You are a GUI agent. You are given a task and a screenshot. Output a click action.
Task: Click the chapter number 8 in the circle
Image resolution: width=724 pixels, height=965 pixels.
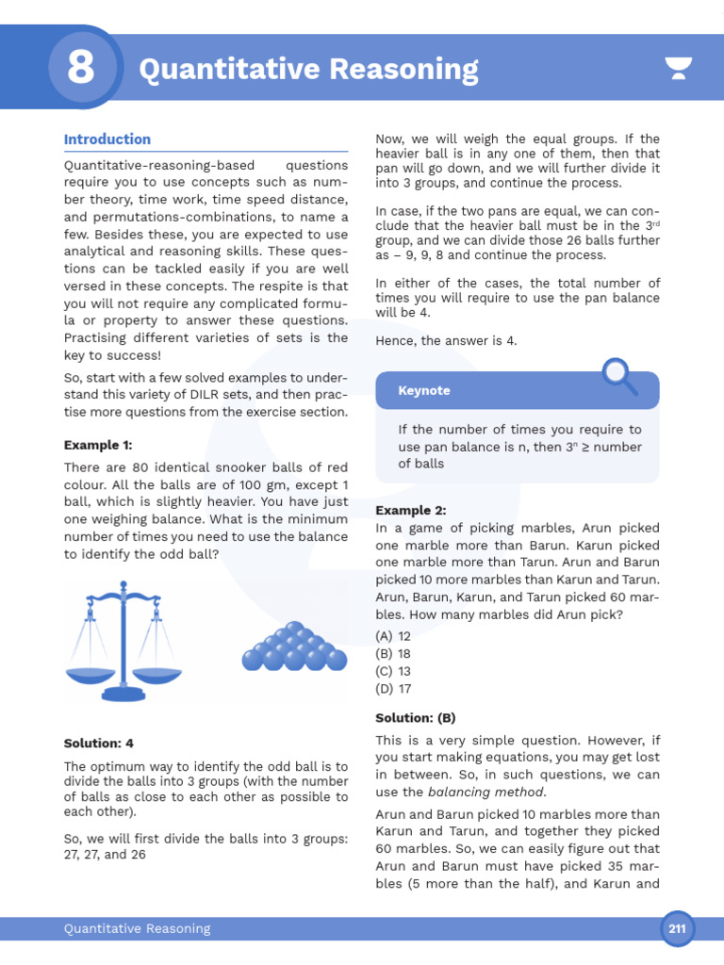click(81, 69)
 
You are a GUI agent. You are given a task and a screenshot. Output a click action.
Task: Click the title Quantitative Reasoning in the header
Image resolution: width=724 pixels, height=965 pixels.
click(308, 70)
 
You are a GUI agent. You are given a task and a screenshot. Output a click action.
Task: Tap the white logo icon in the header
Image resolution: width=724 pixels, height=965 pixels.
click(678, 69)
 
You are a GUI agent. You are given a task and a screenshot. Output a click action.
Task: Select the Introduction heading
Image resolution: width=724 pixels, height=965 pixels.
click(107, 139)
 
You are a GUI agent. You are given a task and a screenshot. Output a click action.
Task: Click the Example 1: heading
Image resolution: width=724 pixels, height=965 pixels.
click(98, 445)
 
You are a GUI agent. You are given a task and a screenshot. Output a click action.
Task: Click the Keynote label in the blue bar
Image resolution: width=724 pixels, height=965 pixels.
click(424, 390)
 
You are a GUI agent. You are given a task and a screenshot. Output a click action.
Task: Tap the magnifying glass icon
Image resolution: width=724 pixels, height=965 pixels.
click(619, 376)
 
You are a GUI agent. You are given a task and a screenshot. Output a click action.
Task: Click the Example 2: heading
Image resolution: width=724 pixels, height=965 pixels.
click(410, 511)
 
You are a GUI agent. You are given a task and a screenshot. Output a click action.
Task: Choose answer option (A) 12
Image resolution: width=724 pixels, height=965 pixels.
click(393, 636)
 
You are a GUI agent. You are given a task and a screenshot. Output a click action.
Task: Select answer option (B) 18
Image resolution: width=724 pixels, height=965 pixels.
click(393, 654)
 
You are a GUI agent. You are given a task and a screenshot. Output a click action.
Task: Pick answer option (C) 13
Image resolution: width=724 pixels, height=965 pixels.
click(393, 671)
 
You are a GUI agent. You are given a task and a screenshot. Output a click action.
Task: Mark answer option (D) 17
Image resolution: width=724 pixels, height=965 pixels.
click(393, 689)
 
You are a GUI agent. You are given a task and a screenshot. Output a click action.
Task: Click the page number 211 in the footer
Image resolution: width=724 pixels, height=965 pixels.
click(677, 929)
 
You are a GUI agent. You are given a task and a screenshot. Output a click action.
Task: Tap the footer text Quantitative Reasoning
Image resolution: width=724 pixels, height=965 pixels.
click(137, 929)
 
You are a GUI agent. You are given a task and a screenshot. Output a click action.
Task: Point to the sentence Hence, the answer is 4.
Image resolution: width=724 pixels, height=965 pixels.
click(446, 340)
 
